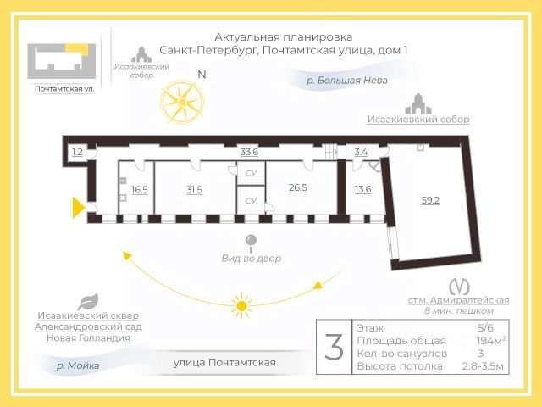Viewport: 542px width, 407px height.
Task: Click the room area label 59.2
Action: click(430, 201)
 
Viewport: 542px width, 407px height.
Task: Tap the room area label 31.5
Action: click(194, 190)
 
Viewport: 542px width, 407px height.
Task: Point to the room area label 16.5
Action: click(140, 190)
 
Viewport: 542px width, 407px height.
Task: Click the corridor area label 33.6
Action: click(249, 152)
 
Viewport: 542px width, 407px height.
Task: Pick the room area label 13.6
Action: click(363, 190)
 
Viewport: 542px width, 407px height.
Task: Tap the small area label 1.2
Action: click(78, 153)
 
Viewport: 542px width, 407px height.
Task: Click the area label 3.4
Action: click(361, 153)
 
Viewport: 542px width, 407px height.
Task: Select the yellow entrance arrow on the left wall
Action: click(78, 207)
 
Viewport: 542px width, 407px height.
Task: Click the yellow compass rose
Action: click(183, 102)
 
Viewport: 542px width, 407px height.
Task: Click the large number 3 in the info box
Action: click(335, 347)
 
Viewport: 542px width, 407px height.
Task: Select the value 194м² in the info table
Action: click(491, 339)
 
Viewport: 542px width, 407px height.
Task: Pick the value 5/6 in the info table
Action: click(486, 326)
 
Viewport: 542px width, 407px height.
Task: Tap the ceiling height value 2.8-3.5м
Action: click(483, 366)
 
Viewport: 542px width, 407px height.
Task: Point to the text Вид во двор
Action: click(251, 258)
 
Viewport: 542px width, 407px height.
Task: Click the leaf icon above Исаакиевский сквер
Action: click(87, 300)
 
